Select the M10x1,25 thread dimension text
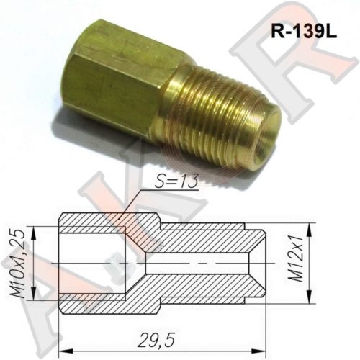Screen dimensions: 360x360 21,266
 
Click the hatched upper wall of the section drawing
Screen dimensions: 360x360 202,238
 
